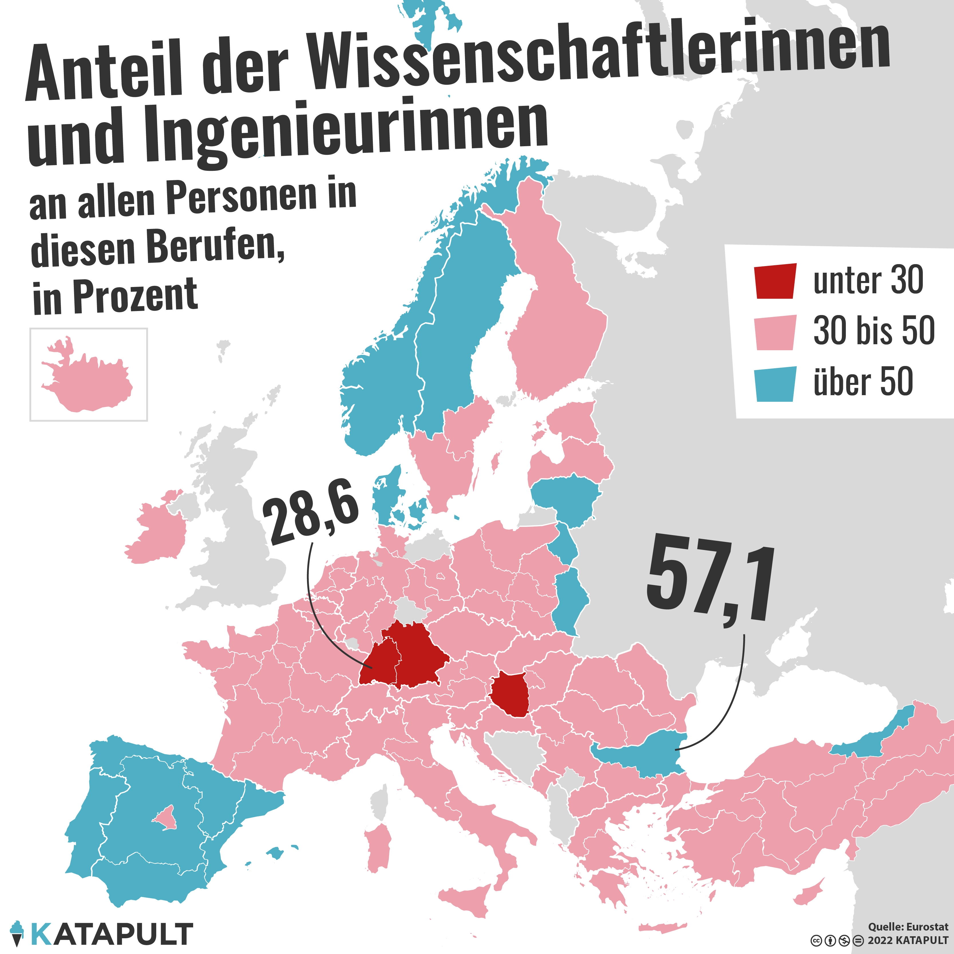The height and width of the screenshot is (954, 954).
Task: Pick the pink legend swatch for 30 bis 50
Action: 775,332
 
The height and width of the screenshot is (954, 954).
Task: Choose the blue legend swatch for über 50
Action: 775,384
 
